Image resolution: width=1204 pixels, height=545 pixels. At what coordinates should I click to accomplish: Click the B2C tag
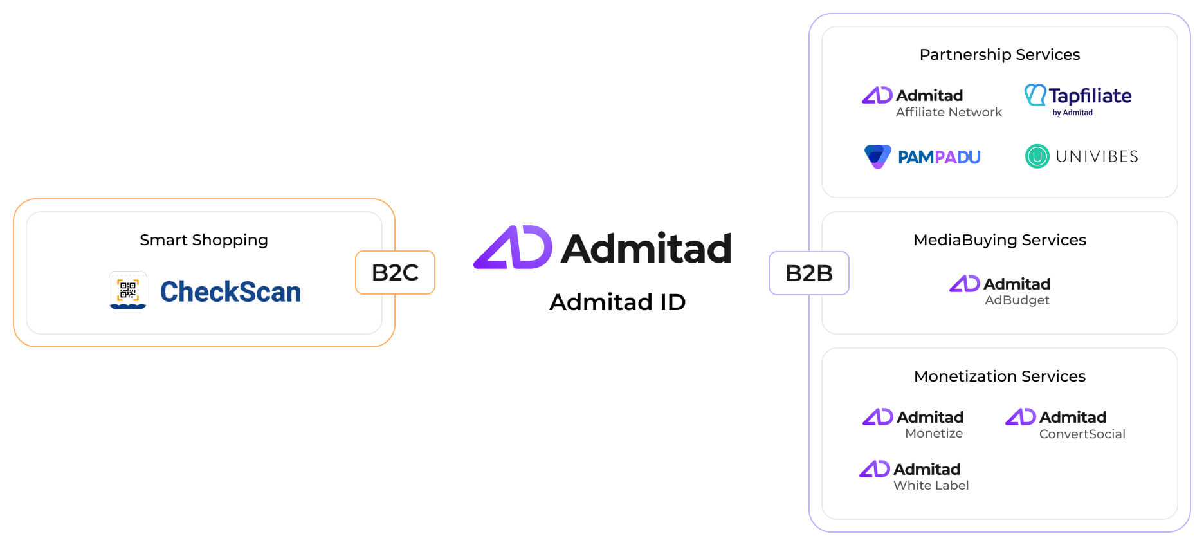[395, 272]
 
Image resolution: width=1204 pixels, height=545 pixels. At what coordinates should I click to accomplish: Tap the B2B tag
[809, 273]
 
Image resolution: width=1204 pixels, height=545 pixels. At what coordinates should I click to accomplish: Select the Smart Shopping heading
[204, 240]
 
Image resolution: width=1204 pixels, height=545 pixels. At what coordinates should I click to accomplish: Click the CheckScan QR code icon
[128, 290]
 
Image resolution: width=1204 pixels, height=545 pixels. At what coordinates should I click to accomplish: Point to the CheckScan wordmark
[230, 291]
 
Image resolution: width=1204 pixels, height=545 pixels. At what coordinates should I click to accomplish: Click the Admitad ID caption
[617, 302]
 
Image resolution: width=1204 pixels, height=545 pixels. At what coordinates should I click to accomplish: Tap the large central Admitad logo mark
[513, 247]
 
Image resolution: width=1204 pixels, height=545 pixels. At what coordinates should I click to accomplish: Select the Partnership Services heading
[999, 55]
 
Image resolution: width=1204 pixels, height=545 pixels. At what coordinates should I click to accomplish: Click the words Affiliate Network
[949, 112]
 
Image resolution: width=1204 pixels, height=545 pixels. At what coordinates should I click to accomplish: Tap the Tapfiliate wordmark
[1090, 96]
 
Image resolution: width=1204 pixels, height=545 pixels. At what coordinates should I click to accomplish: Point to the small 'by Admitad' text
[1072, 113]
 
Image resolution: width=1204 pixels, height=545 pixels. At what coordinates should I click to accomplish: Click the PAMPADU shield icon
[877, 156]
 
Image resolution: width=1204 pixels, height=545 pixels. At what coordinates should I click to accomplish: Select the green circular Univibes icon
[1037, 156]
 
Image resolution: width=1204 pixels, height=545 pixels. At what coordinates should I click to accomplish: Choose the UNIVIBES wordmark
[1097, 156]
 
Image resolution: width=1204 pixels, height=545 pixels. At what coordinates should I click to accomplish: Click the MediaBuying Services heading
[999, 240]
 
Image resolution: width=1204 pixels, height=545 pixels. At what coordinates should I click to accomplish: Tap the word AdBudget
[1017, 300]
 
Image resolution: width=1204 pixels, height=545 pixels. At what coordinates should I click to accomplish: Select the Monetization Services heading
[999, 376]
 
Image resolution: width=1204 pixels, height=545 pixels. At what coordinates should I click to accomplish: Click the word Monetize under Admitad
[934, 434]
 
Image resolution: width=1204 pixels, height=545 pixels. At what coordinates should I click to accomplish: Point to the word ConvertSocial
[1082, 434]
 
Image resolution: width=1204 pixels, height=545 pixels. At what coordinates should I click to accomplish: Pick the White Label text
[931, 486]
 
